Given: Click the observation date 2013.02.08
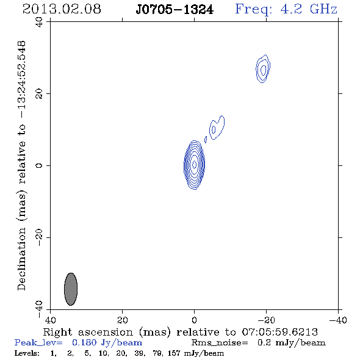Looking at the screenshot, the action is pyautogui.click(x=62, y=9).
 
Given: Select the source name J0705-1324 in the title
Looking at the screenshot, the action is pyautogui.click(x=175, y=10).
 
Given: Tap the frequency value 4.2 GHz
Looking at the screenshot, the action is pyautogui.click(x=309, y=9).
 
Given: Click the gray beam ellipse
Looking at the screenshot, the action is pyautogui.click(x=71, y=289).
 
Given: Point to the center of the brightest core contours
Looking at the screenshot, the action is pyautogui.click(x=194, y=165).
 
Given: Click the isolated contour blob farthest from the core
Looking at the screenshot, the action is pyautogui.click(x=263, y=69).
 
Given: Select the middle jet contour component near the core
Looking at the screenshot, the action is pyautogui.click(x=217, y=128).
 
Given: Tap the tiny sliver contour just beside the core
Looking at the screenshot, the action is pyautogui.click(x=206, y=140).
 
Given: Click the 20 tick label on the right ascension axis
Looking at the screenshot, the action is pyautogui.click(x=122, y=320).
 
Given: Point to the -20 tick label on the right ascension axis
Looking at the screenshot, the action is pyautogui.click(x=266, y=320).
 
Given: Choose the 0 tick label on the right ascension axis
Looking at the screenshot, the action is pyautogui.click(x=194, y=320).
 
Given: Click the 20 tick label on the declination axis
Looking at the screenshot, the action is pyautogui.click(x=39, y=94).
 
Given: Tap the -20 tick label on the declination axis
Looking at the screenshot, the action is pyautogui.click(x=39, y=237).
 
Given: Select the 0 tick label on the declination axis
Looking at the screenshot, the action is pyautogui.click(x=39, y=165).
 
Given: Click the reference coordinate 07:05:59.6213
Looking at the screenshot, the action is pyautogui.click(x=279, y=332).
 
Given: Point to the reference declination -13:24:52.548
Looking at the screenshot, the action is pyautogui.click(x=22, y=80).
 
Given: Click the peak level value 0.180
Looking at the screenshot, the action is pyautogui.click(x=84, y=342).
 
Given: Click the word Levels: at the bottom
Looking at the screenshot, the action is pyautogui.click(x=27, y=353).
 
